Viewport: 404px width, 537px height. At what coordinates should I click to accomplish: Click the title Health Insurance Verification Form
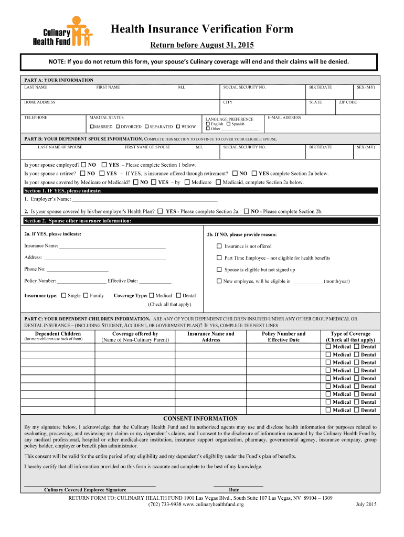tap(201, 29)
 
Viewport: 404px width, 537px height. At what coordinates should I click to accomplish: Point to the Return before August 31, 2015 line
tap(201, 45)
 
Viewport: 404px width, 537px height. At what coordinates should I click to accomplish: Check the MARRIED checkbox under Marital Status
tap(92, 127)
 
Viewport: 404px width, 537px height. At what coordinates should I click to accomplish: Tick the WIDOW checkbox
tap(178, 127)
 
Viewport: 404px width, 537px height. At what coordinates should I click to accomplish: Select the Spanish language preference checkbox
tap(229, 124)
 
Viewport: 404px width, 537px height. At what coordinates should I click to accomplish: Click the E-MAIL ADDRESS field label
tap(284, 118)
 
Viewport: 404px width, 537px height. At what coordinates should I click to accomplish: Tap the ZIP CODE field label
tap(347, 102)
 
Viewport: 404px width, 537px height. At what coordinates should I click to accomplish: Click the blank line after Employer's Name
tap(144, 200)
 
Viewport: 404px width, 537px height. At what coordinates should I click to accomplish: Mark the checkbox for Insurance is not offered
tap(219, 246)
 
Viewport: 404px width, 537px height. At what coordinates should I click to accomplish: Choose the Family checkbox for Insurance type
tap(86, 295)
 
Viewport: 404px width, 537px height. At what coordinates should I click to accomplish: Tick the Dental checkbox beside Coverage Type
tap(178, 295)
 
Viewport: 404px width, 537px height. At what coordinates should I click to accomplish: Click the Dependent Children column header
tap(58, 334)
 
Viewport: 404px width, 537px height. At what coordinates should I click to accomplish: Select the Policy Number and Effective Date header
tap(283, 337)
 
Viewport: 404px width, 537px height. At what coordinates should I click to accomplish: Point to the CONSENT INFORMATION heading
tap(200, 418)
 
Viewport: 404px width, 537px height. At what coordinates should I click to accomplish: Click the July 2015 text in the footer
tap(366, 504)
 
